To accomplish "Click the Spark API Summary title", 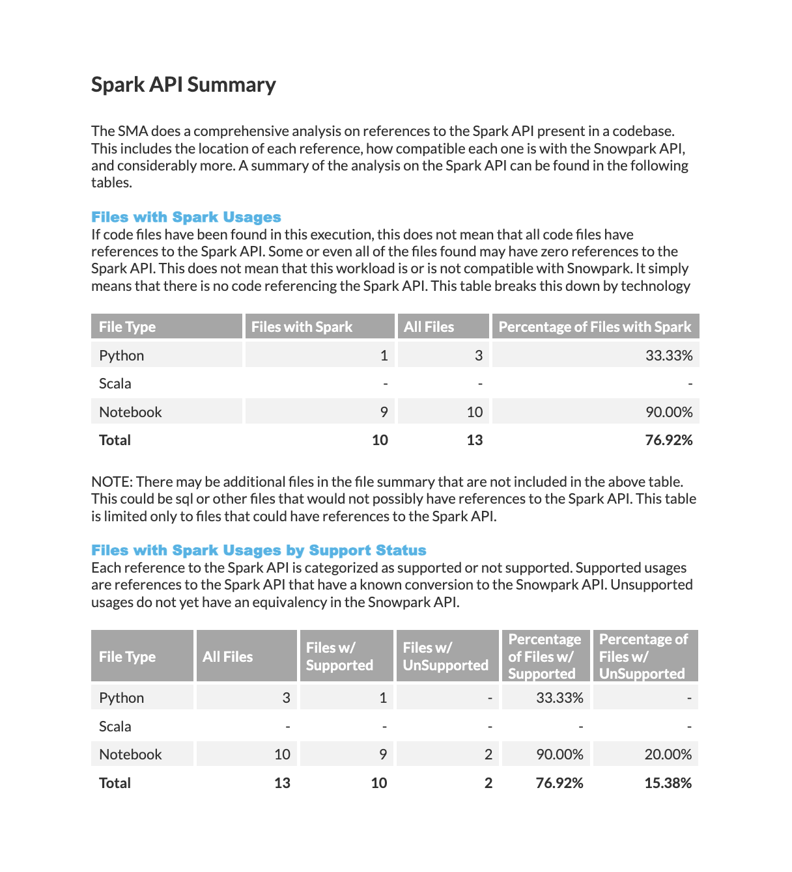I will click(183, 85).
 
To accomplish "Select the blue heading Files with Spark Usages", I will click(186, 217).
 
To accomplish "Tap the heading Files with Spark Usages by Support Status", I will click(259, 551).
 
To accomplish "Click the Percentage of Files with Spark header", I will click(595, 327).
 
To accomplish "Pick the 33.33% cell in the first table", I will click(669, 355).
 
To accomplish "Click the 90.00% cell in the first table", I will click(669, 412).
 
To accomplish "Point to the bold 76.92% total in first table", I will click(668, 441).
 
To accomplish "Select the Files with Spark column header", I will click(302, 327).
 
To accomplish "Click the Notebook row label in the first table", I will click(130, 412).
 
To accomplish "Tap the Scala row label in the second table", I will click(115, 726).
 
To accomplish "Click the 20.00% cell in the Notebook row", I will click(668, 754).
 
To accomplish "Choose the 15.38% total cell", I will click(668, 783).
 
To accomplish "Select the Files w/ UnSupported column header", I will click(445, 657).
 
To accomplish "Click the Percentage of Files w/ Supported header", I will click(544, 657).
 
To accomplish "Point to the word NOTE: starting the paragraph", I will click(112, 482).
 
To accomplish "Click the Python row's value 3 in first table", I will click(478, 355).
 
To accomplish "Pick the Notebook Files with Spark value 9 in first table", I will click(384, 412).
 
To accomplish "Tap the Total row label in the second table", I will click(115, 783).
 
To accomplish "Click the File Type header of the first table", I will click(127, 327).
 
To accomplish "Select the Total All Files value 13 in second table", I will click(282, 783).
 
